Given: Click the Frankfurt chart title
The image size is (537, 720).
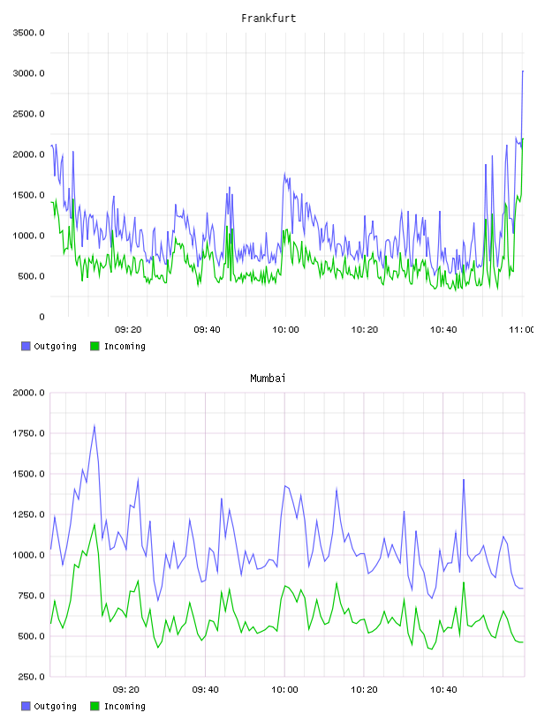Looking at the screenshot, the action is tap(268, 19).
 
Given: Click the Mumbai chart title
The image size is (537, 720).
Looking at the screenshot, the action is tap(268, 379).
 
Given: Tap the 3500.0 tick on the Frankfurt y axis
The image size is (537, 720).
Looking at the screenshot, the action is tap(29, 33).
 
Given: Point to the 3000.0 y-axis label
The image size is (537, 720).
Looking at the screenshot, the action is tap(29, 73).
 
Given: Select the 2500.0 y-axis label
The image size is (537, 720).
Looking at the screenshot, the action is tap(29, 114).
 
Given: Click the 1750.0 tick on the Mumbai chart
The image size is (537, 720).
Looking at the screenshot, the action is tap(29, 433).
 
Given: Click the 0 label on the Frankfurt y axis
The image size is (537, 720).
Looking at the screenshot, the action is tap(42, 317).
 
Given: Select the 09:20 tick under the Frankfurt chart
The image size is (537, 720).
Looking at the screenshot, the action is tap(128, 330).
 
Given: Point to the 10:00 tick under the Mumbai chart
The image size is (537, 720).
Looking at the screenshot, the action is tap(285, 690).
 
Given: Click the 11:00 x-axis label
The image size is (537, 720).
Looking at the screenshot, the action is tap(521, 330).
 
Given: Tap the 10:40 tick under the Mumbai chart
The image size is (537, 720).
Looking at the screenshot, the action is tap(443, 690).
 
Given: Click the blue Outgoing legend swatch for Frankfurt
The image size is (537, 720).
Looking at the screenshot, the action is tap(26, 346).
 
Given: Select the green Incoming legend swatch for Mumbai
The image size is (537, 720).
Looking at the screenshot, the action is tap(95, 706).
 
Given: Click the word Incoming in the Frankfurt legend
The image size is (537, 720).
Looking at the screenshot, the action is tap(125, 347).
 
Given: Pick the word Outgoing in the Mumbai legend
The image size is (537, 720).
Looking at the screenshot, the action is tap(55, 707).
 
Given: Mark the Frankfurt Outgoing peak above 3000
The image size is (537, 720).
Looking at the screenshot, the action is tap(523, 71).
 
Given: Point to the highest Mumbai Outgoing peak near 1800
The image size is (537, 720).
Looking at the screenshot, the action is tap(95, 425).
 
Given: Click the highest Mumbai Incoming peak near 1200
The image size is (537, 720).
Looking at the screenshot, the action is tap(95, 524).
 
